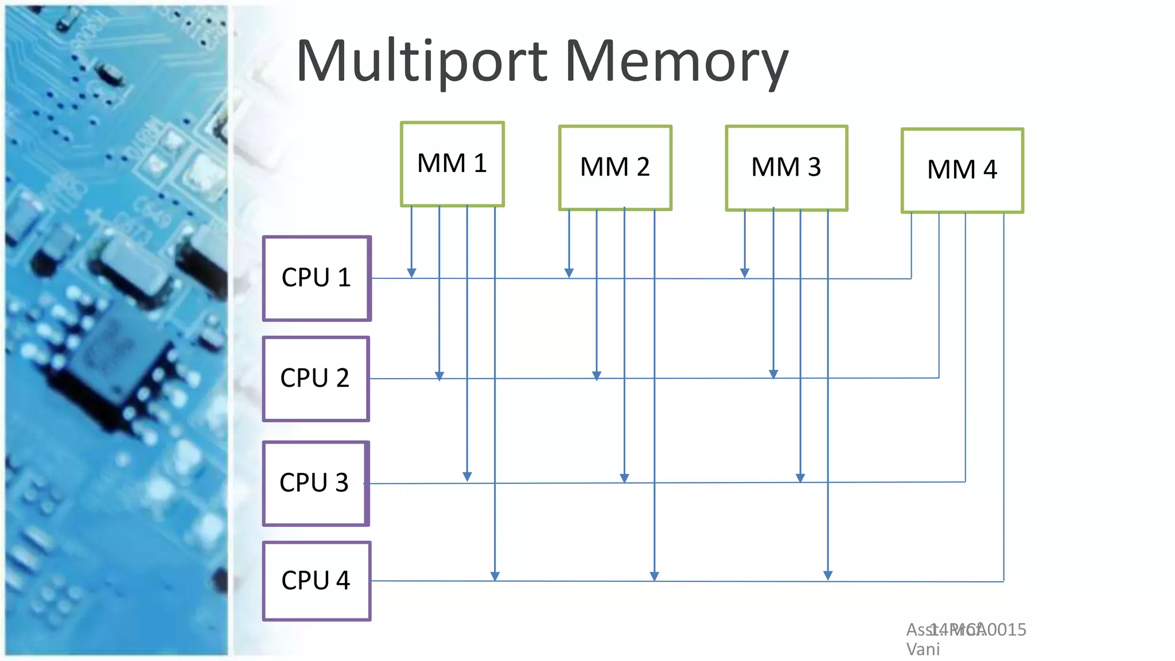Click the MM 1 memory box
point(452,164)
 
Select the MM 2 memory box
point(615,168)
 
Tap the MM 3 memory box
point(786,168)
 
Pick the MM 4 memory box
point(962,170)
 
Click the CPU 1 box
point(317,278)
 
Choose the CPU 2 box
point(316,379)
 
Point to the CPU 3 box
point(316,483)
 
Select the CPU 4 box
point(317,581)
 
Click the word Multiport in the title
point(422,62)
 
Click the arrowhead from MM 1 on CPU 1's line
point(411,273)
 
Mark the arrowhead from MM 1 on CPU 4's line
point(495,576)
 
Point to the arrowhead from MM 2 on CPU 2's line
point(597,375)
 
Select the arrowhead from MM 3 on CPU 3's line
point(800,477)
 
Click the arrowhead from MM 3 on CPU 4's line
point(828,575)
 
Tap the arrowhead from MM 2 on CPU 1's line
point(569,273)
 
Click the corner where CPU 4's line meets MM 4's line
point(1003,581)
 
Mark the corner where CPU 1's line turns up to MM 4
point(911,279)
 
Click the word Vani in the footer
point(923,650)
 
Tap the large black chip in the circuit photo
point(109,356)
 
